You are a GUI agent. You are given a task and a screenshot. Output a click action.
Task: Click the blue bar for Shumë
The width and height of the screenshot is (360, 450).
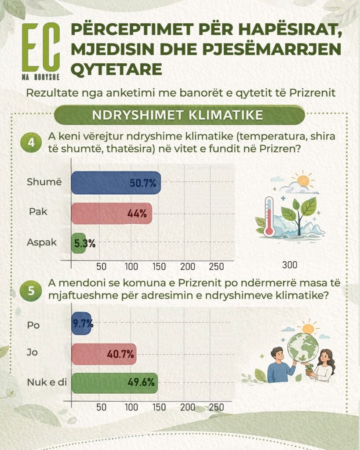point(116,183)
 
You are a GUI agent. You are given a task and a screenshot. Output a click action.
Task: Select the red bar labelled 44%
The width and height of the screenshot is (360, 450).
point(111,214)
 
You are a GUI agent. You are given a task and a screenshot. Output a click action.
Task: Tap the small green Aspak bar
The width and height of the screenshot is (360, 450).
point(78,243)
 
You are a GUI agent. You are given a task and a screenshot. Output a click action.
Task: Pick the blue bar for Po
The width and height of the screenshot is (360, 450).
point(81,323)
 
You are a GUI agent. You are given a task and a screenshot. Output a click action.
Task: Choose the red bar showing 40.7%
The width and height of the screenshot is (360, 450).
point(104,354)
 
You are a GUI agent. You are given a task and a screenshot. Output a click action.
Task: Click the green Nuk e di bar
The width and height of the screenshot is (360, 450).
point(115,383)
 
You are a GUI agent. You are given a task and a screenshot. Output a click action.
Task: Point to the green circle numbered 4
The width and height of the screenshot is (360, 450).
point(31,143)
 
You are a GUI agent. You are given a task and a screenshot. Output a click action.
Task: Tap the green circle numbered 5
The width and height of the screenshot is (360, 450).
point(31,290)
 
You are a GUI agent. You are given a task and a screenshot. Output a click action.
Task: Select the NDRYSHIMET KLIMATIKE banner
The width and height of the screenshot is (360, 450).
point(179,115)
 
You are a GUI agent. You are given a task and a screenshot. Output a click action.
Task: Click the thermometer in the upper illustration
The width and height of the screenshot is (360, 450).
point(269,216)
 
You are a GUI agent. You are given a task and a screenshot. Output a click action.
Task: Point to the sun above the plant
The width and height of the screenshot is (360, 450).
point(303,181)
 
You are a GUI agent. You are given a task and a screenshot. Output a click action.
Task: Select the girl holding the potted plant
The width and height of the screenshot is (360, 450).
point(324,366)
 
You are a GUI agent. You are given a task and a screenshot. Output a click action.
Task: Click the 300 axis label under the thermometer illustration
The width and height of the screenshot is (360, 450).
point(289,265)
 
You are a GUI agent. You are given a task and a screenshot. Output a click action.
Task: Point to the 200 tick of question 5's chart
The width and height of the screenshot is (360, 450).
point(187,407)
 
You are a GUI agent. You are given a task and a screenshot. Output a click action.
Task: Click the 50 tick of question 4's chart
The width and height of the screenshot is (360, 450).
point(102,267)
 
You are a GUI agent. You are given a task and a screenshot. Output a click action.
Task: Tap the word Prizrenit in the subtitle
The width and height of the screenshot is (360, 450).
point(313,93)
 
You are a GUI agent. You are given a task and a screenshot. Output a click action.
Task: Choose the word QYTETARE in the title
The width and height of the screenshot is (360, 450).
point(116,69)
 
